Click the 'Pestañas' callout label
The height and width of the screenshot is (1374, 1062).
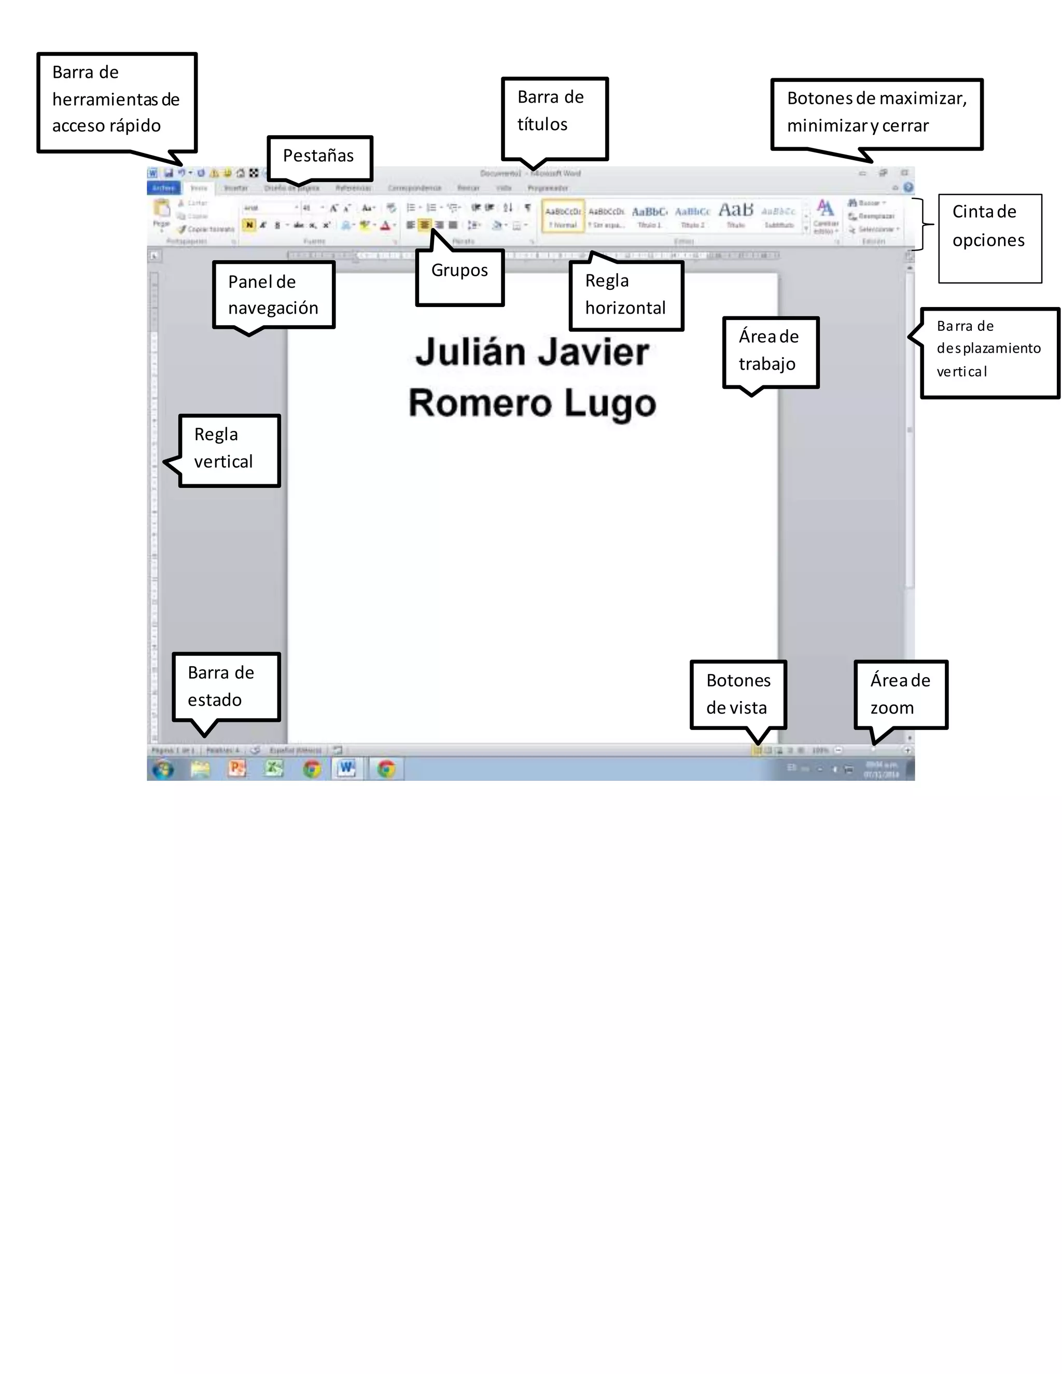(319, 157)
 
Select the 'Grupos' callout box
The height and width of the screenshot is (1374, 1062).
(460, 277)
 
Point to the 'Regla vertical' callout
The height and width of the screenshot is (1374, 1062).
(230, 450)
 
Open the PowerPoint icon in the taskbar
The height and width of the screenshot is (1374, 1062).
(237, 768)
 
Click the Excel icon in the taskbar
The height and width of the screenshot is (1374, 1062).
(274, 768)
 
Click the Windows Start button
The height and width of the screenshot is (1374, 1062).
(163, 769)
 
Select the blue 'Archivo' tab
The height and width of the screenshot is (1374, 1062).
(163, 188)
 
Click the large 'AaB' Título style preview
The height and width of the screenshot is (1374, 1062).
(735, 212)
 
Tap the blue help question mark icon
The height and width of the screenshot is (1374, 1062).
(908, 188)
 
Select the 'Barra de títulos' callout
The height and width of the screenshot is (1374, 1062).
(554, 118)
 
